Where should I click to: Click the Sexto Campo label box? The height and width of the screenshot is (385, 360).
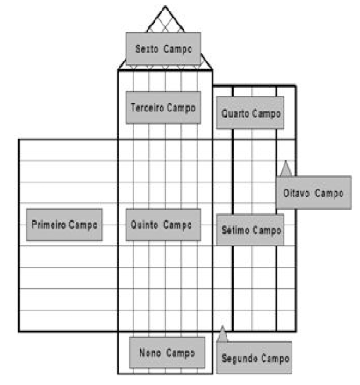point(163,48)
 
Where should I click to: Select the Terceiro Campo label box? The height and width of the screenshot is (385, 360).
point(163,107)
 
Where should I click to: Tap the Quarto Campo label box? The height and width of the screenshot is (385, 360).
point(250,112)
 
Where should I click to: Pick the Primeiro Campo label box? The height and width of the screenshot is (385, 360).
point(64,225)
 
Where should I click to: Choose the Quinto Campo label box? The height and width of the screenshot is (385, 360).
point(163,225)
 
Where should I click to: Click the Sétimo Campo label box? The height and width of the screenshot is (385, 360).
point(250,230)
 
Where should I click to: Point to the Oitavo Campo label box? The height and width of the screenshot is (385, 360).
point(313,192)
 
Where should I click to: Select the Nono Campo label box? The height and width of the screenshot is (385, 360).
point(167,353)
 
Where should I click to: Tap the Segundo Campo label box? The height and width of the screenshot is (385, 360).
point(255,358)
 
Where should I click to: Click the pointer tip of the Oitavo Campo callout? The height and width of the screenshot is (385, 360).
point(285,161)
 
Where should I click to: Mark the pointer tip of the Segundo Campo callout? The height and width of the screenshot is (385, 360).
point(222,327)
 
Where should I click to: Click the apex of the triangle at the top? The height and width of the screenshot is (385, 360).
point(165,6)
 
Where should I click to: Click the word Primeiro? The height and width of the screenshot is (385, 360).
point(49,225)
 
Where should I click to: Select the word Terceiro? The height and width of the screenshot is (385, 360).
point(148,108)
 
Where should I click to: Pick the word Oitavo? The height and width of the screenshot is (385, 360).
point(296,193)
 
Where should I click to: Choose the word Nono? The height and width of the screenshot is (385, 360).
point(150,353)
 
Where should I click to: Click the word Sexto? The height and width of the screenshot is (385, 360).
point(147,49)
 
